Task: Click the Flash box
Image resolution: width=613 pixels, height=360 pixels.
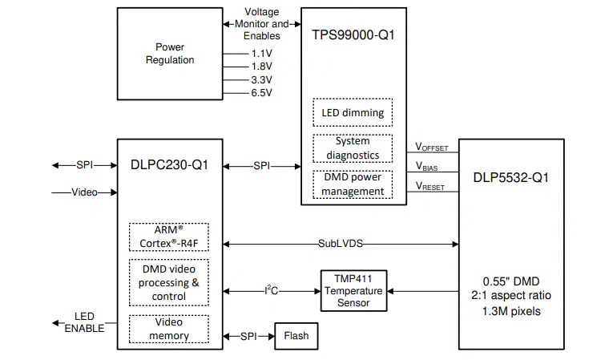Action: (296, 336)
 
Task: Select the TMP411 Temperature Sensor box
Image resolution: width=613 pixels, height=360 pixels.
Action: (354, 291)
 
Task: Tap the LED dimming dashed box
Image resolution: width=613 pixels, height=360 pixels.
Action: (353, 112)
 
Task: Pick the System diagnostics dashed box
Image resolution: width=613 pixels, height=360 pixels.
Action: (353, 148)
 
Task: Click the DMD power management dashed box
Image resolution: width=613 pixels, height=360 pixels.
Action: (353, 184)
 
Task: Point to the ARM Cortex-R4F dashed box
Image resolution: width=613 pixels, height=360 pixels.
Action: (169, 237)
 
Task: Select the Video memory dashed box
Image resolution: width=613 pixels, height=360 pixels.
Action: (169, 329)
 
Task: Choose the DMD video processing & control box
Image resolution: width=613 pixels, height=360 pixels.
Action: (169, 282)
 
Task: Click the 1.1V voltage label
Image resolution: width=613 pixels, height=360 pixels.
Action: (261, 54)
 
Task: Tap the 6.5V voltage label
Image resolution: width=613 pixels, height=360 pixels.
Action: (261, 93)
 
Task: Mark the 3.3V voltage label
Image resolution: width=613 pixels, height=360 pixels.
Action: (261, 80)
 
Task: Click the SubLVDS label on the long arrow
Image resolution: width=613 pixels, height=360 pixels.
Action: (341, 244)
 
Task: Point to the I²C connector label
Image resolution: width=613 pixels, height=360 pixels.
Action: (272, 290)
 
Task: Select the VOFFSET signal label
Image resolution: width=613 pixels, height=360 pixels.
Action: (432, 148)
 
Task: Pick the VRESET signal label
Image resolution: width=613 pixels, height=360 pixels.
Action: (430, 186)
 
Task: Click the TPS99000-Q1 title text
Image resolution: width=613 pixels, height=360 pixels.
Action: (353, 35)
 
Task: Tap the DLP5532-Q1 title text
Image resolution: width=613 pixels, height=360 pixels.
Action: (511, 178)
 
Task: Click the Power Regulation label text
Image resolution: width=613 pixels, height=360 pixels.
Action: (170, 53)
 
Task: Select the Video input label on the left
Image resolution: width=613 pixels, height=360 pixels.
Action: (84, 192)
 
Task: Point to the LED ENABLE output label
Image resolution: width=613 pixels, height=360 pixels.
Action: (84, 322)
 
